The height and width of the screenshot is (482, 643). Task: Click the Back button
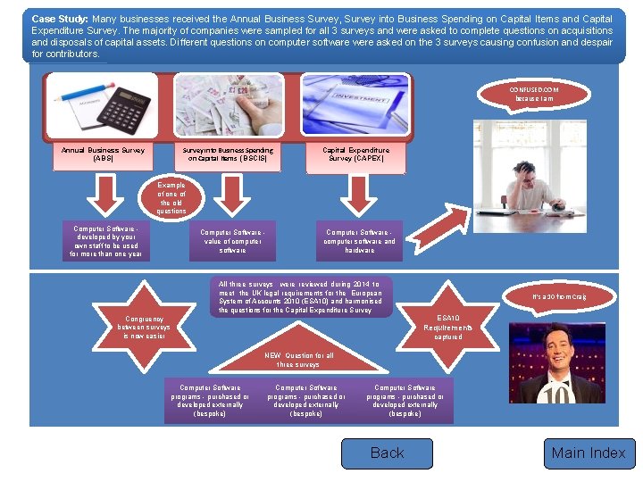tap(387, 453)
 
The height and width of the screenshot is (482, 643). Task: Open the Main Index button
tap(589, 453)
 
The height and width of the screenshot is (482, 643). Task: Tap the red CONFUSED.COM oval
tap(534, 95)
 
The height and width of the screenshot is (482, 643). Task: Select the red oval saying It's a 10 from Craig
tap(559, 295)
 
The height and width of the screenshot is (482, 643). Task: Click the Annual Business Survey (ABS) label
tap(104, 154)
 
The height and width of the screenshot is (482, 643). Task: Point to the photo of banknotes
tap(231, 104)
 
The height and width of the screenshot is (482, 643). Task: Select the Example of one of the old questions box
tap(171, 198)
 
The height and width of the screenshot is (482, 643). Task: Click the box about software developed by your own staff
tap(106, 242)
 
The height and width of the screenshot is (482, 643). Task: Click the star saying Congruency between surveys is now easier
tap(143, 327)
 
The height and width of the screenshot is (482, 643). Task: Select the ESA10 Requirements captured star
tap(448, 327)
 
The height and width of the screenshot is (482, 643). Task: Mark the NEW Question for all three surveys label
tap(298, 360)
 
